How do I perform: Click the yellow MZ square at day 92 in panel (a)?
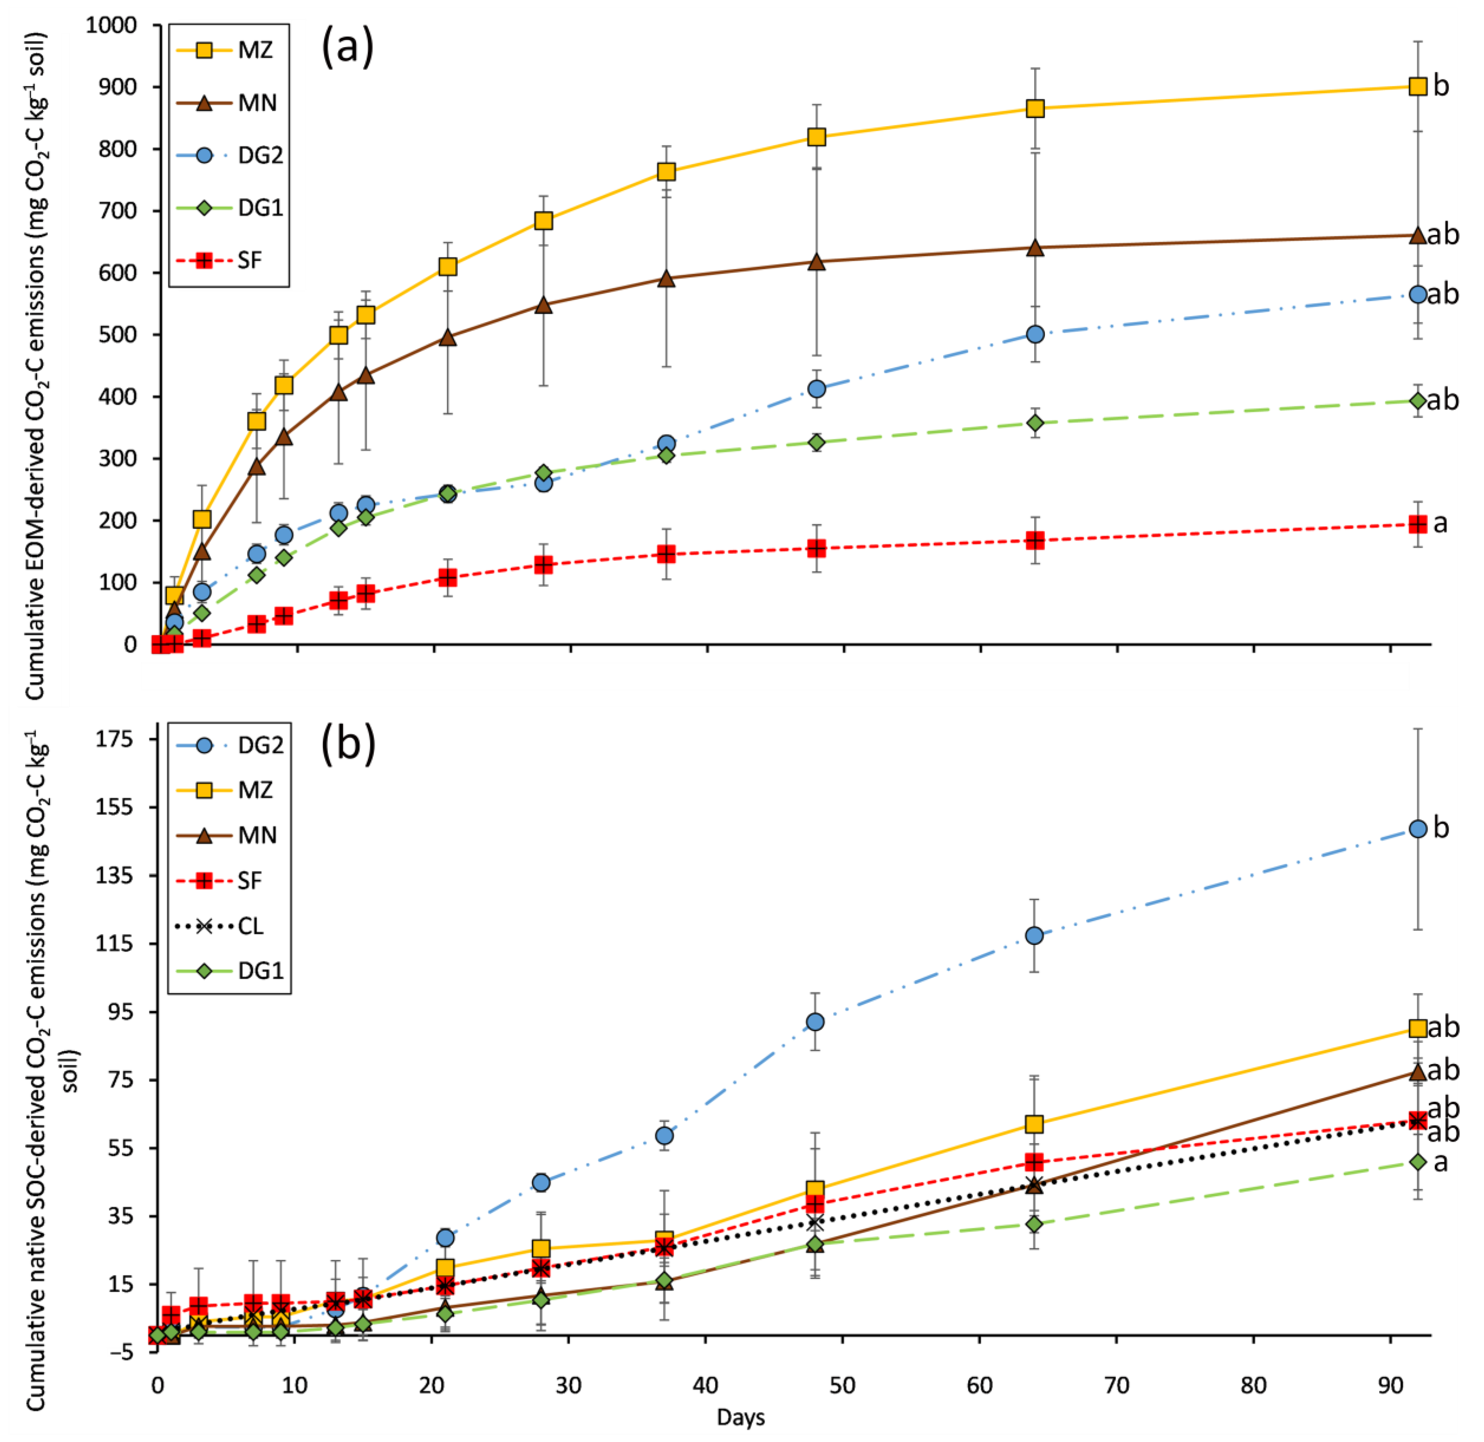point(1417,86)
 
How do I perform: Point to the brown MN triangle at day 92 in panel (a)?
point(1417,236)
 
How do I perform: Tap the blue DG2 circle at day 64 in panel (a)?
point(1035,334)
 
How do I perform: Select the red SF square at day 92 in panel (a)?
point(1417,524)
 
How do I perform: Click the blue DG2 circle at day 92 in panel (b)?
point(1417,828)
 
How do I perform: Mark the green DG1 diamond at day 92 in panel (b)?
point(1417,1162)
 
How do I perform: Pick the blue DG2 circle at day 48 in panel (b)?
point(815,1022)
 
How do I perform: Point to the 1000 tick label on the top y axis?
point(111,26)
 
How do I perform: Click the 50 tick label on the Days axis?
point(842,1386)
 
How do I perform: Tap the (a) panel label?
point(348,47)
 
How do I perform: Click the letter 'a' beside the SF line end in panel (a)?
point(1440,523)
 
